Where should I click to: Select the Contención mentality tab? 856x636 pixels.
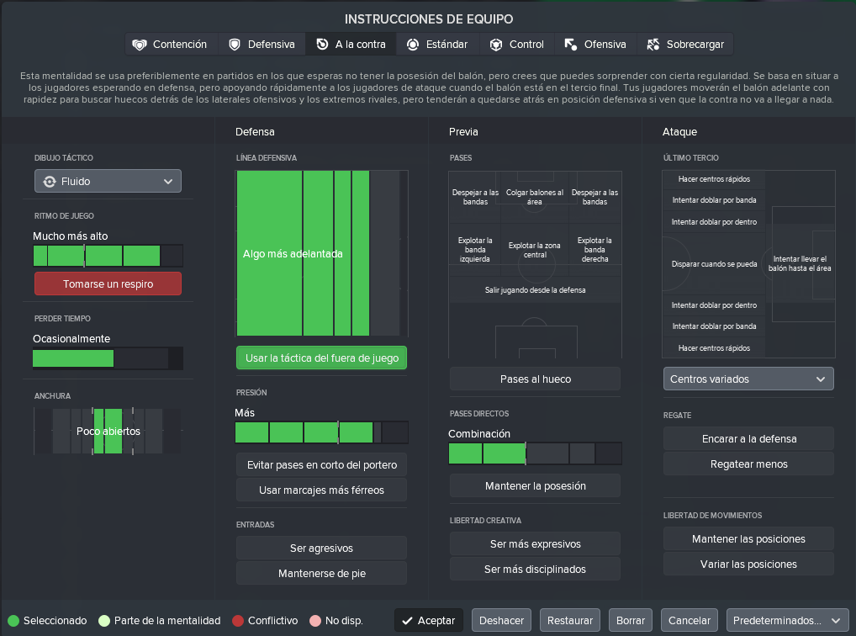[x=172, y=45]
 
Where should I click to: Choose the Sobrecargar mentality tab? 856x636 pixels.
[x=685, y=45]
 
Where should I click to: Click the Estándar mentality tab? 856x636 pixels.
[x=438, y=45]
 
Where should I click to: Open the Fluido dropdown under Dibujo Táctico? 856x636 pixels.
[x=108, y=181]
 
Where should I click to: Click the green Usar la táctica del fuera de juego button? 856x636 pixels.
[x=321, y=358]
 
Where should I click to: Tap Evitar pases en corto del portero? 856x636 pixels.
[x=321, y=465]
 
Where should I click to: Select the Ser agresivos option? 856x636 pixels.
[x=321, y=548]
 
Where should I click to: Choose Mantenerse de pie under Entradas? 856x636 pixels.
[x=321, y=573]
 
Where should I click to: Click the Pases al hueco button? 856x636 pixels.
[x=535, y=379]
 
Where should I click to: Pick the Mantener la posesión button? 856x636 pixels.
[x=535, y=485]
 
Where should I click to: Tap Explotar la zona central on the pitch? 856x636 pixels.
[x=535, y=250]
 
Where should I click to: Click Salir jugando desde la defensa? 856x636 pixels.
[x=535, y=290]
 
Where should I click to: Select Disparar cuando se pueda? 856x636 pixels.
[x=714, y=264]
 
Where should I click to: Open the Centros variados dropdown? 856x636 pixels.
[x=748, y=379]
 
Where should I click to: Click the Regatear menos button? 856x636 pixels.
[x=748, y=464]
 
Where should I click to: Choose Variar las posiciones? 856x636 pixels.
[x=748, y=564]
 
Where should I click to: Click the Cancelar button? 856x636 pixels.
[x=690, y=620]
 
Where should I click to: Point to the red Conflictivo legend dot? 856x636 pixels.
[x=237, y=621]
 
